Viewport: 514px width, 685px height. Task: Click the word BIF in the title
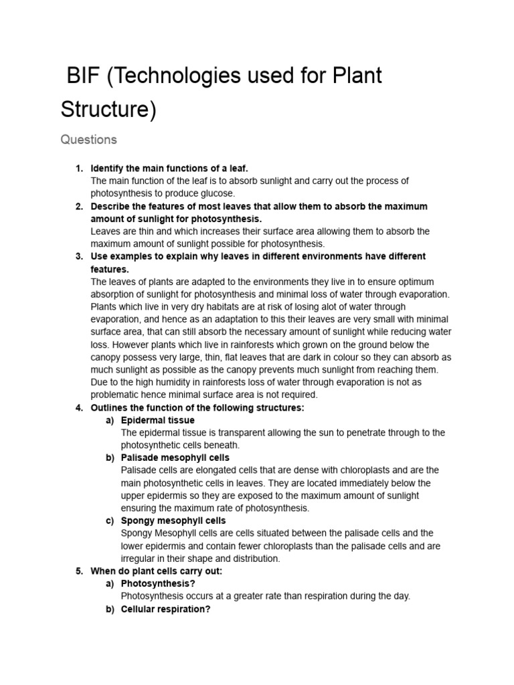tap(83, 76)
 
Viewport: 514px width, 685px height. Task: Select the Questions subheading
tap(88, 140)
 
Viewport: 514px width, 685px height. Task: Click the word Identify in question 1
tap(107, 169)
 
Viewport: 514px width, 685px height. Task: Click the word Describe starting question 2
tap(110, 206)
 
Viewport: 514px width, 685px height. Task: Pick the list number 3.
tap(78, 256)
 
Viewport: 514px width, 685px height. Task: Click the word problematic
tap(115, 395)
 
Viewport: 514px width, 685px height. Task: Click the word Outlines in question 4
tap(109, 407)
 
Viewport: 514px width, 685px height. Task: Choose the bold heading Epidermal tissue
tap(158, 420)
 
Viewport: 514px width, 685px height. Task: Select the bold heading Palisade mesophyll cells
tap(175, 458)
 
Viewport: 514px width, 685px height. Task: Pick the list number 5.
tap(78, 571)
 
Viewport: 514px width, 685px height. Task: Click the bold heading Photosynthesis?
tap(158, 583)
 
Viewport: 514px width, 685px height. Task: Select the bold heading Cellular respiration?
tap(166, 609)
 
